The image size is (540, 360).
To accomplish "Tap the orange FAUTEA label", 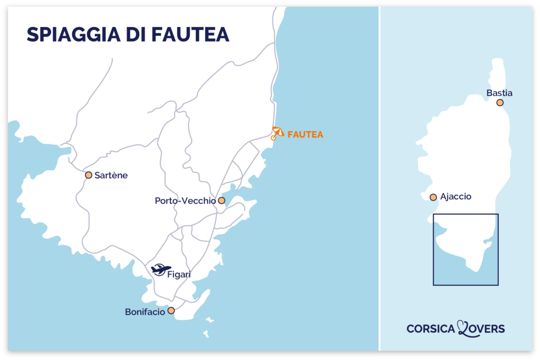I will pos(305,135).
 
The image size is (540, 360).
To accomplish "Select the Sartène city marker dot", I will pos(89,175).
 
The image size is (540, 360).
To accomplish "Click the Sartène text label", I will pos(111,176).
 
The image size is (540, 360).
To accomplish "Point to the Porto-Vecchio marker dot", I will pos(221,200).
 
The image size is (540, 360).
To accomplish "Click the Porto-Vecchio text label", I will pos(185,201).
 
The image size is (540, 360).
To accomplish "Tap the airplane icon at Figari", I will pos(161,269).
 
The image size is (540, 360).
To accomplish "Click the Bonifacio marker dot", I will pos(171,310).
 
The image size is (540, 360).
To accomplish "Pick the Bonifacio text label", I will pos(144,312).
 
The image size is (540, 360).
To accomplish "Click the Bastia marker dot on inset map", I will pos(500,103).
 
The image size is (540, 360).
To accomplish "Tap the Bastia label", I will pos(499,93).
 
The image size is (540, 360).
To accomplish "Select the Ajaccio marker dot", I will pos(433,197).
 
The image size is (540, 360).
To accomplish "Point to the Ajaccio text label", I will pos(456,197).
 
